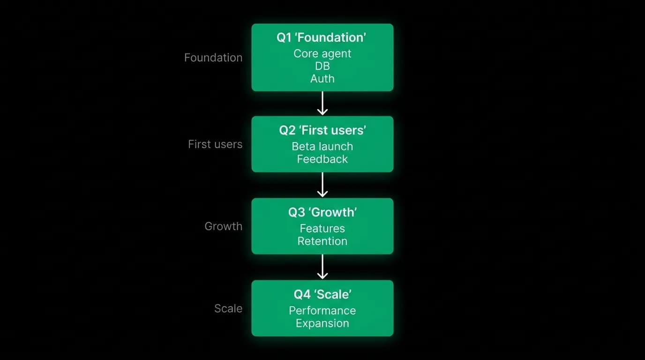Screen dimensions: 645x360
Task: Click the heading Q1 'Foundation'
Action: click(x=322, y=37)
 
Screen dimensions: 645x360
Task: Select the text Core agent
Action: click(x=322, y=53)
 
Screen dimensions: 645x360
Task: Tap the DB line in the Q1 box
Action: click(x=322, y=66)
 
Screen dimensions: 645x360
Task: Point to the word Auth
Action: click(x=322, y=79)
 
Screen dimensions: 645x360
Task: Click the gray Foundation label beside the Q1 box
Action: click(x=213, y=58)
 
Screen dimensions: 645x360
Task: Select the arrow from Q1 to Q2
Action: click(x=322, y=104)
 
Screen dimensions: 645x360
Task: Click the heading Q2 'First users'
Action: click(x=322, y=130)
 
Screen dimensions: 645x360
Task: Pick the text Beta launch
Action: click(x=322, y=146)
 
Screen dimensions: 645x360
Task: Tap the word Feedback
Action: click(x=322, y=159)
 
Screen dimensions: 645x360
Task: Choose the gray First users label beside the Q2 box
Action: click(x=215, y=144)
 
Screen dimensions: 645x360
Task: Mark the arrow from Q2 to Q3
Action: click(x=322, y=185)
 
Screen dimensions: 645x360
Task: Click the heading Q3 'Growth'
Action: click(x=322, y=212)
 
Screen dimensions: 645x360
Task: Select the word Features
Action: click(x=322, y=228)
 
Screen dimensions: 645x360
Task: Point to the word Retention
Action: click(x=322, y=241)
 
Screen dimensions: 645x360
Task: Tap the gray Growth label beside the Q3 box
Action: click(x=224, y=226)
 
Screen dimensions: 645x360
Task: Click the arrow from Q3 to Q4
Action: click(x=322, y=267)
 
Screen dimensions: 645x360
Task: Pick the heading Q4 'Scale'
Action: click(x=322, y=294)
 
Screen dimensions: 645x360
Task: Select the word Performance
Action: click(x=322, y=310)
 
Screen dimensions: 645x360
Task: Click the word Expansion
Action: click(x=322, y=323)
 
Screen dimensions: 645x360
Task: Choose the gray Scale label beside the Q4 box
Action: click(x=228, y=308)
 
